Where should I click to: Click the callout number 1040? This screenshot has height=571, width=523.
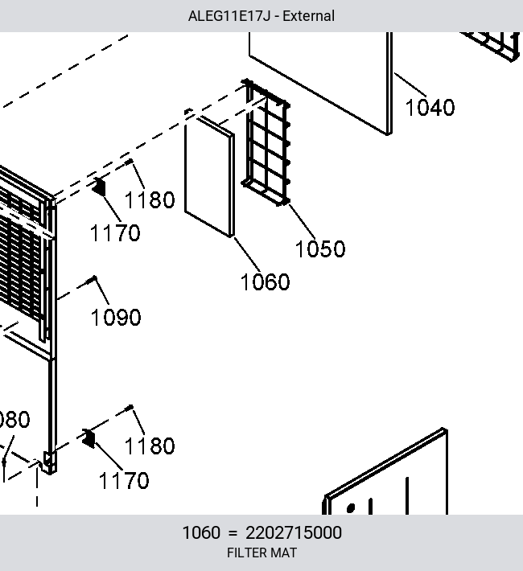(430, 108)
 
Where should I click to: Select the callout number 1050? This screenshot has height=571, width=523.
(320, 249)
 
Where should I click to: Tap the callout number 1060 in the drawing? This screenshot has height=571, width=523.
(265, 281)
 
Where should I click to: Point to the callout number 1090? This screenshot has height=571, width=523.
(116, 317)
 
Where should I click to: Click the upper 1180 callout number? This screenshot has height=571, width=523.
(150, 200)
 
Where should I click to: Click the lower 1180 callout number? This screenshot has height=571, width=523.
(150, 446)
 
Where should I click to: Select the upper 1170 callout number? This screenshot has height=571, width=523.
(115, 233)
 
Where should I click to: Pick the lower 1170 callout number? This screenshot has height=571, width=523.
(124, 481)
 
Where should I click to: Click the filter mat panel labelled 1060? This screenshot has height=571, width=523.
(209, 175)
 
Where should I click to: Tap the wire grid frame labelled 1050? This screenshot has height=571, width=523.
(267, 142)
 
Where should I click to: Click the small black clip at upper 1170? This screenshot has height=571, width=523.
(99, 187)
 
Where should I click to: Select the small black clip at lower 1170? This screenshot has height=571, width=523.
(89, 438)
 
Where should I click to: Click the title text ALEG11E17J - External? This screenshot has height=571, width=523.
(261, 16)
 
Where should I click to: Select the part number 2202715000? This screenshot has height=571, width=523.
(294, 532)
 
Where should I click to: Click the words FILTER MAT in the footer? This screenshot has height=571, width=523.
(261, 553)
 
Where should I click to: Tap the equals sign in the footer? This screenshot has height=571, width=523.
(233, 533)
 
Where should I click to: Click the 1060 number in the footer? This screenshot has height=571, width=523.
(201, 532)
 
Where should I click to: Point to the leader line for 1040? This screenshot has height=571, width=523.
(410, 85)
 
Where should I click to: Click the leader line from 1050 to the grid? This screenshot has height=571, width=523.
(302, 221)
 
